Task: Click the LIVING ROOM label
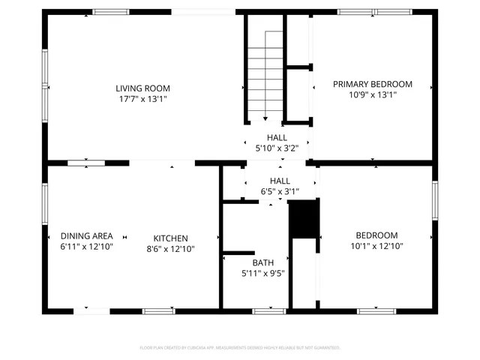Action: (x=142, y=87)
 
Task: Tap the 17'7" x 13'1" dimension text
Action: (x=142, y=98)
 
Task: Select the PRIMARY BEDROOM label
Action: (x=373, y=84)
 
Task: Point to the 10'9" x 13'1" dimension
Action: (x=373, y=95)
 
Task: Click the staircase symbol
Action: (x=264, y=75)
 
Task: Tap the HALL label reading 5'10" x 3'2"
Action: (x=277, y=138)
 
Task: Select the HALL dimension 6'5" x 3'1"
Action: (x=280, y=191)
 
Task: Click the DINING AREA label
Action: (x=87, y=235)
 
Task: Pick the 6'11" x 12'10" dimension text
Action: (x=87, y=247)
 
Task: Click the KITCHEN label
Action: (x=171, y=238)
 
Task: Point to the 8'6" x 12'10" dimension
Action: (x=171, y=249)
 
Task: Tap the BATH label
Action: (x=262, y=262)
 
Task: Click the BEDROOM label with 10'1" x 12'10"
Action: (x=376, y=235)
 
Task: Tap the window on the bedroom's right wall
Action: (x=434, y=201)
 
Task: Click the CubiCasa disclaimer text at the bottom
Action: (x=240, y=348)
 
